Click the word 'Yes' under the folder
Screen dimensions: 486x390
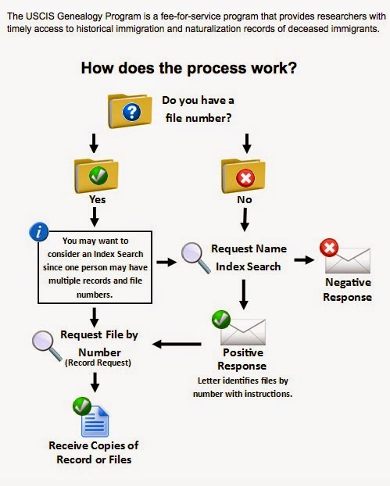pyautogui.click(x=97, y=199)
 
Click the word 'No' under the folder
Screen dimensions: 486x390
pyautogui.click(x=245, y=199)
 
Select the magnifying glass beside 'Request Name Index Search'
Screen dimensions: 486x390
pyautogui.click(x=193, y=256)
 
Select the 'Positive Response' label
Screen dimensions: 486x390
pyautogui.click(x=245, y=359)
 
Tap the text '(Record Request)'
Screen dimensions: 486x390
pyautogui.click(x=99, y=363)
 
